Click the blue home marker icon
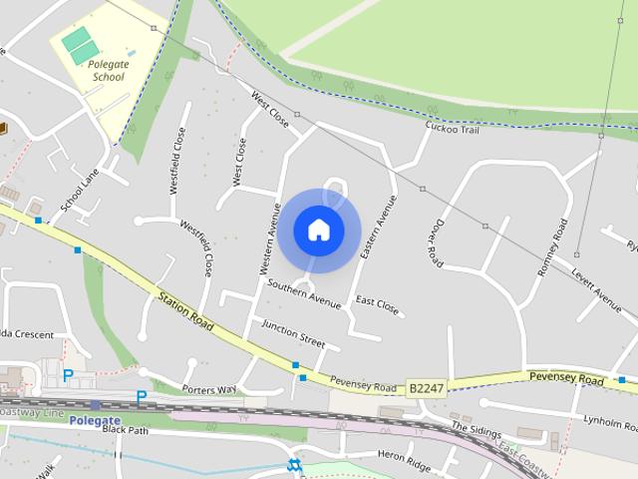click(319, 230)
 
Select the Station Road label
click(186, 310)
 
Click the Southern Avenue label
click(305, 291)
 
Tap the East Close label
click(377, 305)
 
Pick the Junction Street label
click(293, 333)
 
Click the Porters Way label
click(210, 388)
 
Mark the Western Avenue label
click(266, 240)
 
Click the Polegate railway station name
click(96, 420)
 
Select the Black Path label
click(125, 430)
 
